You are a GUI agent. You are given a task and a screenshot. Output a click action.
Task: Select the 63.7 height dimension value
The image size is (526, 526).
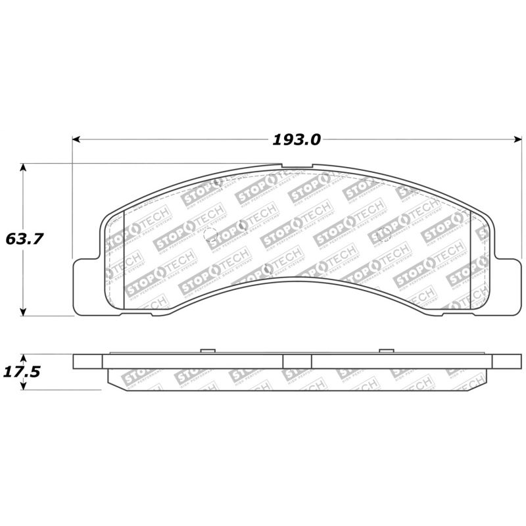(x=24, y=239)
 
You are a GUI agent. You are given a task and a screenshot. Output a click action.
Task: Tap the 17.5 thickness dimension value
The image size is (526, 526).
(x=24, y=371)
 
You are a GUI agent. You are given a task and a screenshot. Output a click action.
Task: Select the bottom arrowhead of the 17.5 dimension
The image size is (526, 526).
(x=24, y=387)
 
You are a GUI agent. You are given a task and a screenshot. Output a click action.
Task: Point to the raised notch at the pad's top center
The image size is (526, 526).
(x=297, y=166)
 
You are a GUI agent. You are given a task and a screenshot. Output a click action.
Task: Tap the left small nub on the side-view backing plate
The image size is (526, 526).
(x=207, y=350)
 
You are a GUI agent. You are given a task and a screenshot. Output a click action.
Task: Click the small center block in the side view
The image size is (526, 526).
(x=297, y=362)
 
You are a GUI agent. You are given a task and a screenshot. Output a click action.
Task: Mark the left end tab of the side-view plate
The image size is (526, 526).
(x=88, y=362)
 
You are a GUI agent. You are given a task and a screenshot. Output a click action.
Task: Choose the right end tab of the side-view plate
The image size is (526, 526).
(x=506, y=362)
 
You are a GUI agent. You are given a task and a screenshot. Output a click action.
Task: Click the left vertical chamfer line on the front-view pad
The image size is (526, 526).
(x=124, y=260)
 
